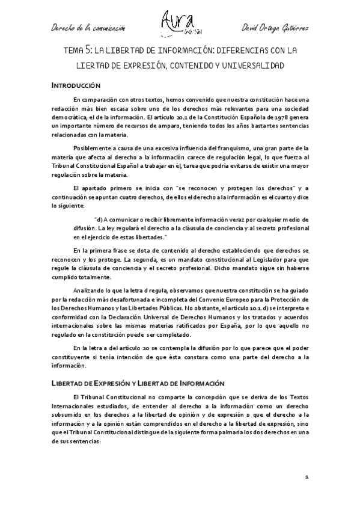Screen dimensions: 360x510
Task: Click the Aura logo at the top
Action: [180, 23]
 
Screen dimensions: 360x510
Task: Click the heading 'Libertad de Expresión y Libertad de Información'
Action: [137, 382]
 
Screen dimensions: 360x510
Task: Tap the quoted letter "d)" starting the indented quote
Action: [99, 220]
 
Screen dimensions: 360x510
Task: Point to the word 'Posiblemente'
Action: [91, 148]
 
